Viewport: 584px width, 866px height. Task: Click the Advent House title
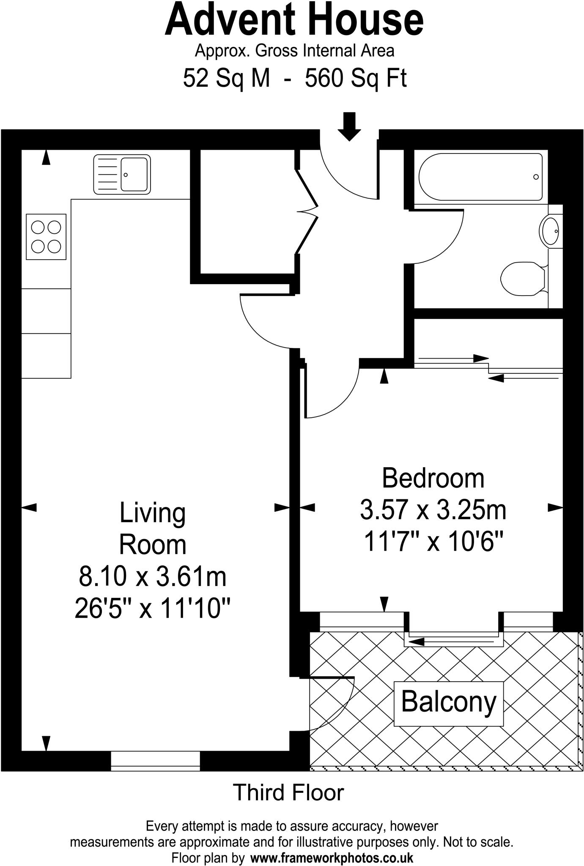[x=294, y=20]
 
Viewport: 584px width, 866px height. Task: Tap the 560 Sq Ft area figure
[x=356, y=78]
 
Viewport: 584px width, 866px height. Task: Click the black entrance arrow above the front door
[x=349, y=126]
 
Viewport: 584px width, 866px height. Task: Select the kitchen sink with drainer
[x=122, y=174]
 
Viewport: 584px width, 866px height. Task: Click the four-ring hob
[x=46, y=236]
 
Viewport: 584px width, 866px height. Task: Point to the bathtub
[x=480, y=177]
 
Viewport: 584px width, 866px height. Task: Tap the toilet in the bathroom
[x=523, y=279]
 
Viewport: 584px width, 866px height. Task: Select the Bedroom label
[x=433, y=478]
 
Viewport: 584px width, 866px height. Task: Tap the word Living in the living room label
[x=153, y=512]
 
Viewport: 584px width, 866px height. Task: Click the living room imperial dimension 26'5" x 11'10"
[x=152, y=609]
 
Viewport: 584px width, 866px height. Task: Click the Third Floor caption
[x=288, y=793]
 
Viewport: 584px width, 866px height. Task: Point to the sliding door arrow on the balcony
[x=452, y=642]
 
